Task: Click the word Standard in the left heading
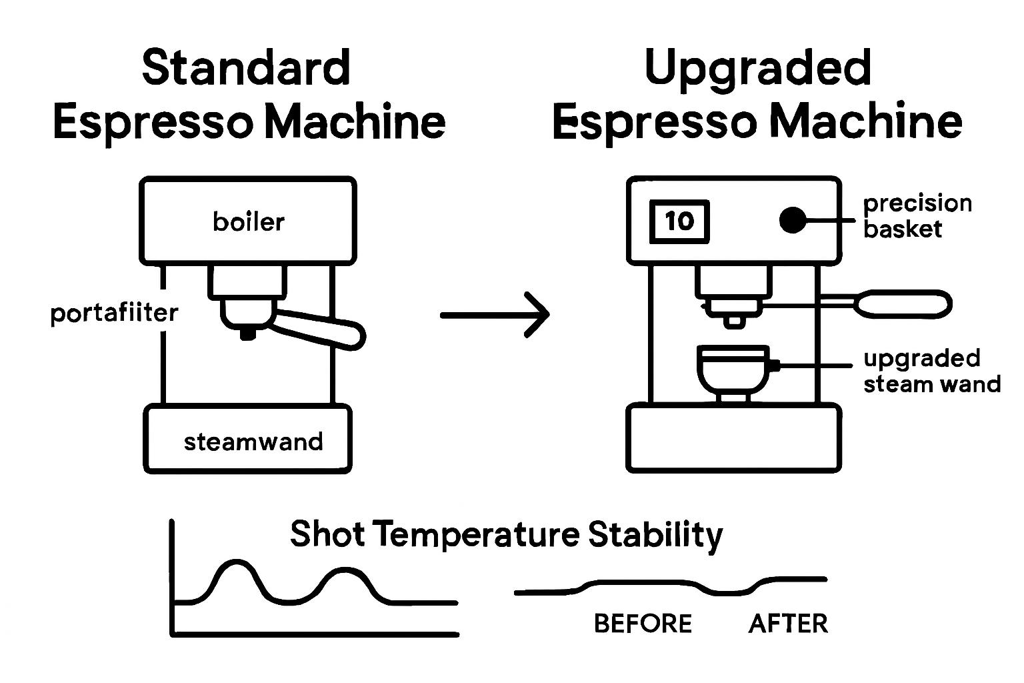[246, 67]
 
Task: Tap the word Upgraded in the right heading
[758, 69]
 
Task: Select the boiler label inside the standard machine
[248, 221]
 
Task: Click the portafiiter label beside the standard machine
[114, 313]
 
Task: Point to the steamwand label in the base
[253, 442]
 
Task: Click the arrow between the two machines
[495, 313]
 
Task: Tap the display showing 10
[679, 221]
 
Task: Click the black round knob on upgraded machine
[792, 220]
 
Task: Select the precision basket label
[917, 215]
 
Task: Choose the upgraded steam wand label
[931, 371]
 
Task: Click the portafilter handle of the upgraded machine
[903, 304]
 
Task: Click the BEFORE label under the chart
[643, 624]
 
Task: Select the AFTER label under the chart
[788, 624]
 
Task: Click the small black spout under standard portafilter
[247, 334]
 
